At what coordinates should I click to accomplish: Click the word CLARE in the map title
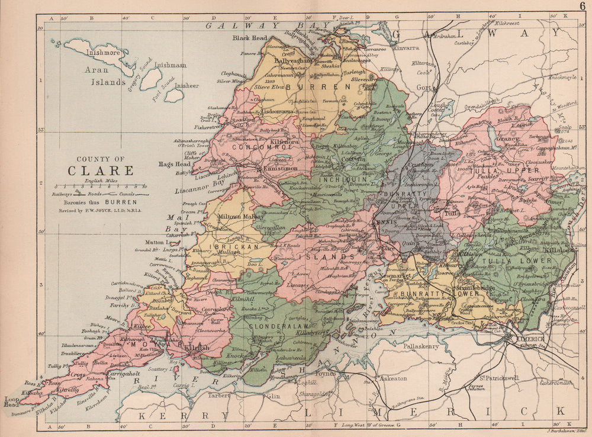99,171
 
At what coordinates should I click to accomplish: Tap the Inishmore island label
104,53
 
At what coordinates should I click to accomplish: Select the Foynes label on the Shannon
326,374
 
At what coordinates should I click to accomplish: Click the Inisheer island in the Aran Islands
173,95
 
